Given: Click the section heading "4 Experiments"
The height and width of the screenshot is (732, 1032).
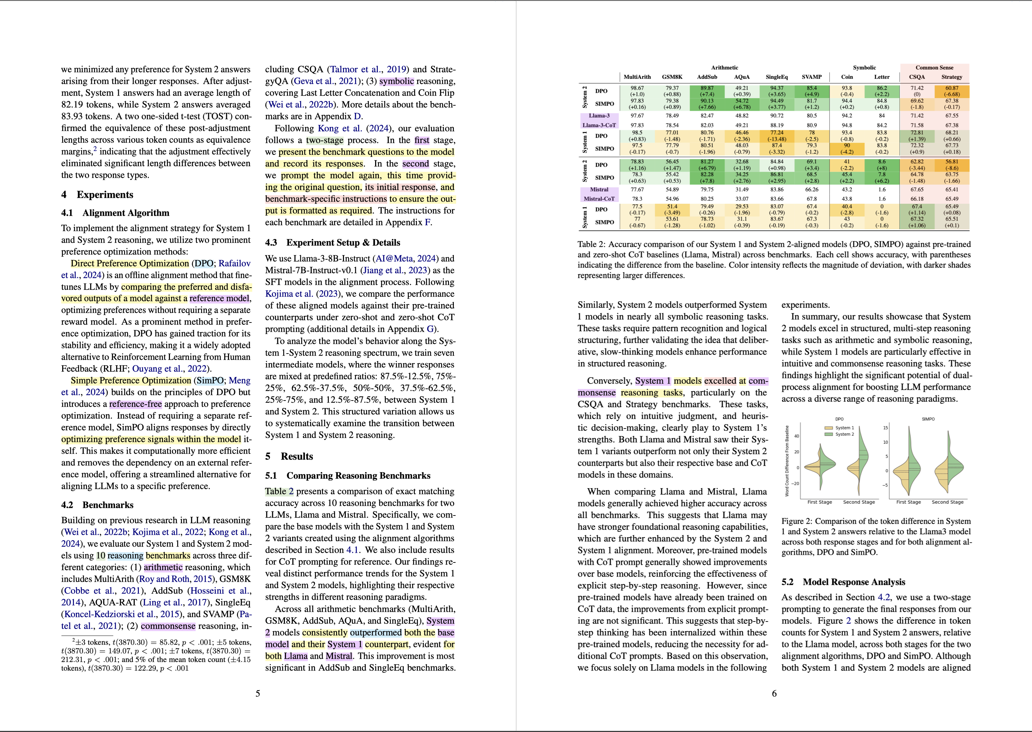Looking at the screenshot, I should [97, 195].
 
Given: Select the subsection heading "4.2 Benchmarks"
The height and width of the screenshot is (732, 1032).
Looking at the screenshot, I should [97, 505].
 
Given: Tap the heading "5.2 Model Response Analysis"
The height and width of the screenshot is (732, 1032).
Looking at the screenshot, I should [843, 582].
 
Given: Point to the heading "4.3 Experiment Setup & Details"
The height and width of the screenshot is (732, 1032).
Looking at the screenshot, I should [332, 242].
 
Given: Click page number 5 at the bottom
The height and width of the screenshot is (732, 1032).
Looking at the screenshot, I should [258, 693].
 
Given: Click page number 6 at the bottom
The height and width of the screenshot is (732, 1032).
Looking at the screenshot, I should [774, 693].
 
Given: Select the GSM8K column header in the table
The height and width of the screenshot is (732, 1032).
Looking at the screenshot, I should [672, 77].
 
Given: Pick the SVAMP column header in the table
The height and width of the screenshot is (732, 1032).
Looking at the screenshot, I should [812, 77].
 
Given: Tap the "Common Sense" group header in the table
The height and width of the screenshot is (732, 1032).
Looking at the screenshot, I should [934, 68].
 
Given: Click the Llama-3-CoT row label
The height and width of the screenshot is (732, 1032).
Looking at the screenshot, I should [599, 125].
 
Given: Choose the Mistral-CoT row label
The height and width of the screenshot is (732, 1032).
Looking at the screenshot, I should [599, 199].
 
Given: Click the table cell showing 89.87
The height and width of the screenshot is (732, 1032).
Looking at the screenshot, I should [707, 88].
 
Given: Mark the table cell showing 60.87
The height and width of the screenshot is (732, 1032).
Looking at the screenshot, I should [952, 88].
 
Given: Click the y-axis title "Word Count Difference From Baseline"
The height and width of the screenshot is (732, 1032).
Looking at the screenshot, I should [787, 461].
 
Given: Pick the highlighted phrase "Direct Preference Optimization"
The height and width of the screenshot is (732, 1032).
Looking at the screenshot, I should [130, 263].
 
